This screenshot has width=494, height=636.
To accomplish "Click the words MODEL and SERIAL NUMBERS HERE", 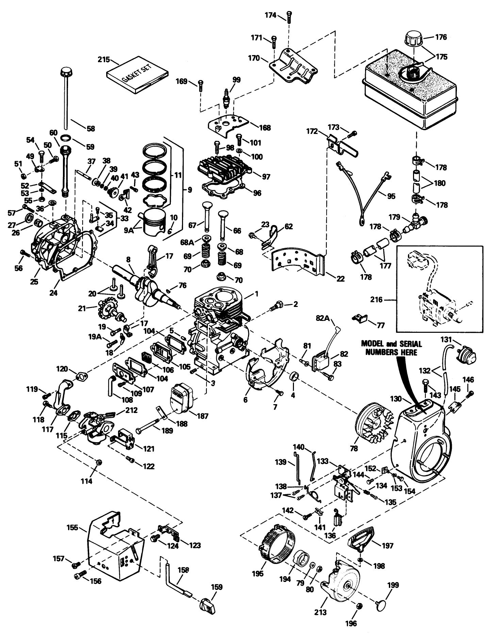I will (391, 348).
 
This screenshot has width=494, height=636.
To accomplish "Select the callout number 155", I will (72, 528).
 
